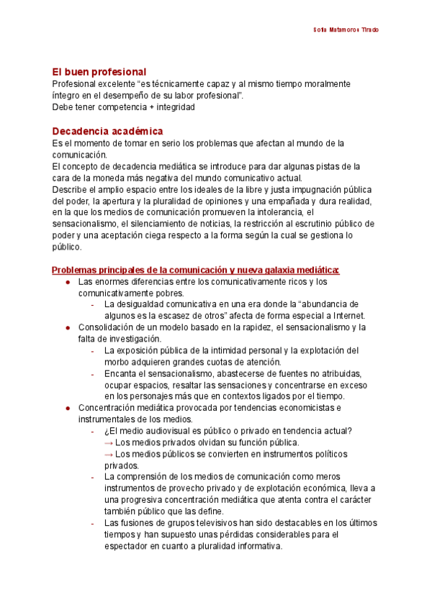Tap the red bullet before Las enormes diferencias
point(68,282)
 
